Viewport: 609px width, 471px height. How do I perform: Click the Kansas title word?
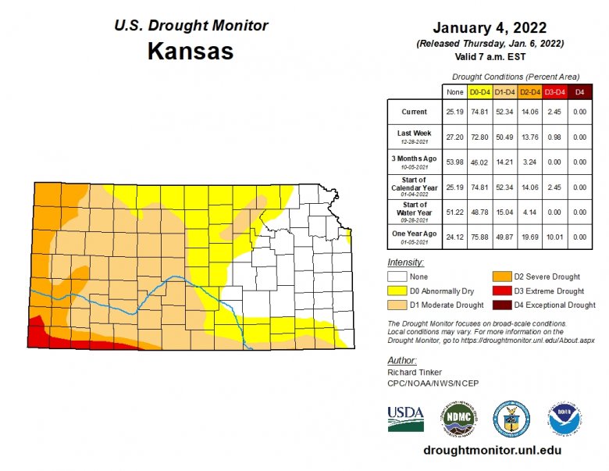click(x=190, y=52)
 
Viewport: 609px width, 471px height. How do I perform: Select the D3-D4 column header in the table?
click(x=554, y=92)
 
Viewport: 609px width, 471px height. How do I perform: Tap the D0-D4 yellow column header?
click(x=479, y=92)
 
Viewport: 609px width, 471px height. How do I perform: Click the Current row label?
click(x=414, y=112)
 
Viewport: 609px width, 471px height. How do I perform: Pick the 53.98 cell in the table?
click(x=454, y=162)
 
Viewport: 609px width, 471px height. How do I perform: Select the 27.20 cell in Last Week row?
click(x=454, y=137)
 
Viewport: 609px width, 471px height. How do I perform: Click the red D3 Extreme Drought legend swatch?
click(x=501, y=291)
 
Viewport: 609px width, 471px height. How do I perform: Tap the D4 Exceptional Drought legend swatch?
click(x=501, y=305)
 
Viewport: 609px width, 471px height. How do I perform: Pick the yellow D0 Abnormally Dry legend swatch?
click(x=399, y=291)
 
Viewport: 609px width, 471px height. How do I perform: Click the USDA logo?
click(x=406, y=418)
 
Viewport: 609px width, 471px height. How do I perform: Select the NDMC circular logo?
click(x=458, y=419)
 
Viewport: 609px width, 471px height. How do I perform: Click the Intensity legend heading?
click(x=405, y=262)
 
